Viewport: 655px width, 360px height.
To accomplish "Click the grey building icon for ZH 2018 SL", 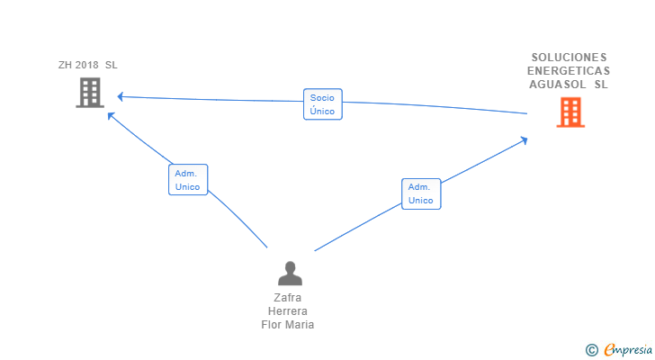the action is click(90, 93).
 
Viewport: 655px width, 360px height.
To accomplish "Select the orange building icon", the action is click(570, 112).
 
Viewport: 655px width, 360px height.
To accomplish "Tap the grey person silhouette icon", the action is click(290, 274).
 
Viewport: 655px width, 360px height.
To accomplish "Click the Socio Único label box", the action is click(323, 104).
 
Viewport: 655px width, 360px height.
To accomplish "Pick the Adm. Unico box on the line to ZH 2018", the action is click(188, 180).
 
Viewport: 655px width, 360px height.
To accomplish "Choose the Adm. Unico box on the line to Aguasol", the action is click(421, 193).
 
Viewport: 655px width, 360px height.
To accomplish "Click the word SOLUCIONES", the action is click(569, 58).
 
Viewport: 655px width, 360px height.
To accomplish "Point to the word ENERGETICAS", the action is click(569, 71).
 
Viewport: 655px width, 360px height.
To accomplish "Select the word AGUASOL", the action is click(558, 85).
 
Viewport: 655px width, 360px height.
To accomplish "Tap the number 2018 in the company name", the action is click(87, 65).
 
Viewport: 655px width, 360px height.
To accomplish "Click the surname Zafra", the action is click(287, 298).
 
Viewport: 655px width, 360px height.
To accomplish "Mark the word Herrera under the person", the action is click(288, 311).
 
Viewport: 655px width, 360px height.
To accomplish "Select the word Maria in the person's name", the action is click(301, 325).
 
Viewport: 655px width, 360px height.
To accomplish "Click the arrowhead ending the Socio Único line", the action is click(120, 97).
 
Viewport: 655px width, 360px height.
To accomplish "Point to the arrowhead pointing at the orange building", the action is click(524, 140).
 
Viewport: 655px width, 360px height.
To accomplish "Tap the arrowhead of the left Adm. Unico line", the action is click(111, 116).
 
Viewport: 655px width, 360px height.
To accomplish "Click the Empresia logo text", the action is click(628, 350).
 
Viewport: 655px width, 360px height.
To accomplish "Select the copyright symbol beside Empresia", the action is click(592, 350).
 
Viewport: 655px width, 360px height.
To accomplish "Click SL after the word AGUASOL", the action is click(601, 85).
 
